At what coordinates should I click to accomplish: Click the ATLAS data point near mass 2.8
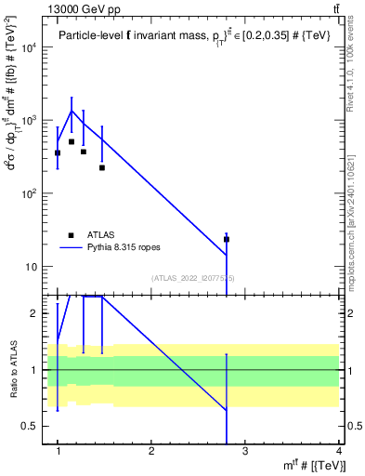coord(226,239)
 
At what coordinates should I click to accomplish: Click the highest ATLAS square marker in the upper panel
coord(71,142)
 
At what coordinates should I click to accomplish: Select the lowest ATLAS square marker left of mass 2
coord(102,168)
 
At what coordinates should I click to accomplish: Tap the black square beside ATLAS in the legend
coord(71,235)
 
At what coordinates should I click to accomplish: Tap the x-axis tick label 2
coord(151,452)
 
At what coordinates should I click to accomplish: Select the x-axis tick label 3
coord(245,452)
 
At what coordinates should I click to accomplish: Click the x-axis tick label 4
coord(339,452)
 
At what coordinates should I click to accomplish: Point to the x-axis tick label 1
coord(58,452)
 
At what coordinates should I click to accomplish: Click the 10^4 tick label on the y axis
coord(30,47)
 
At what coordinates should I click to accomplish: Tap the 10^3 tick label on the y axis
coord(30,121)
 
